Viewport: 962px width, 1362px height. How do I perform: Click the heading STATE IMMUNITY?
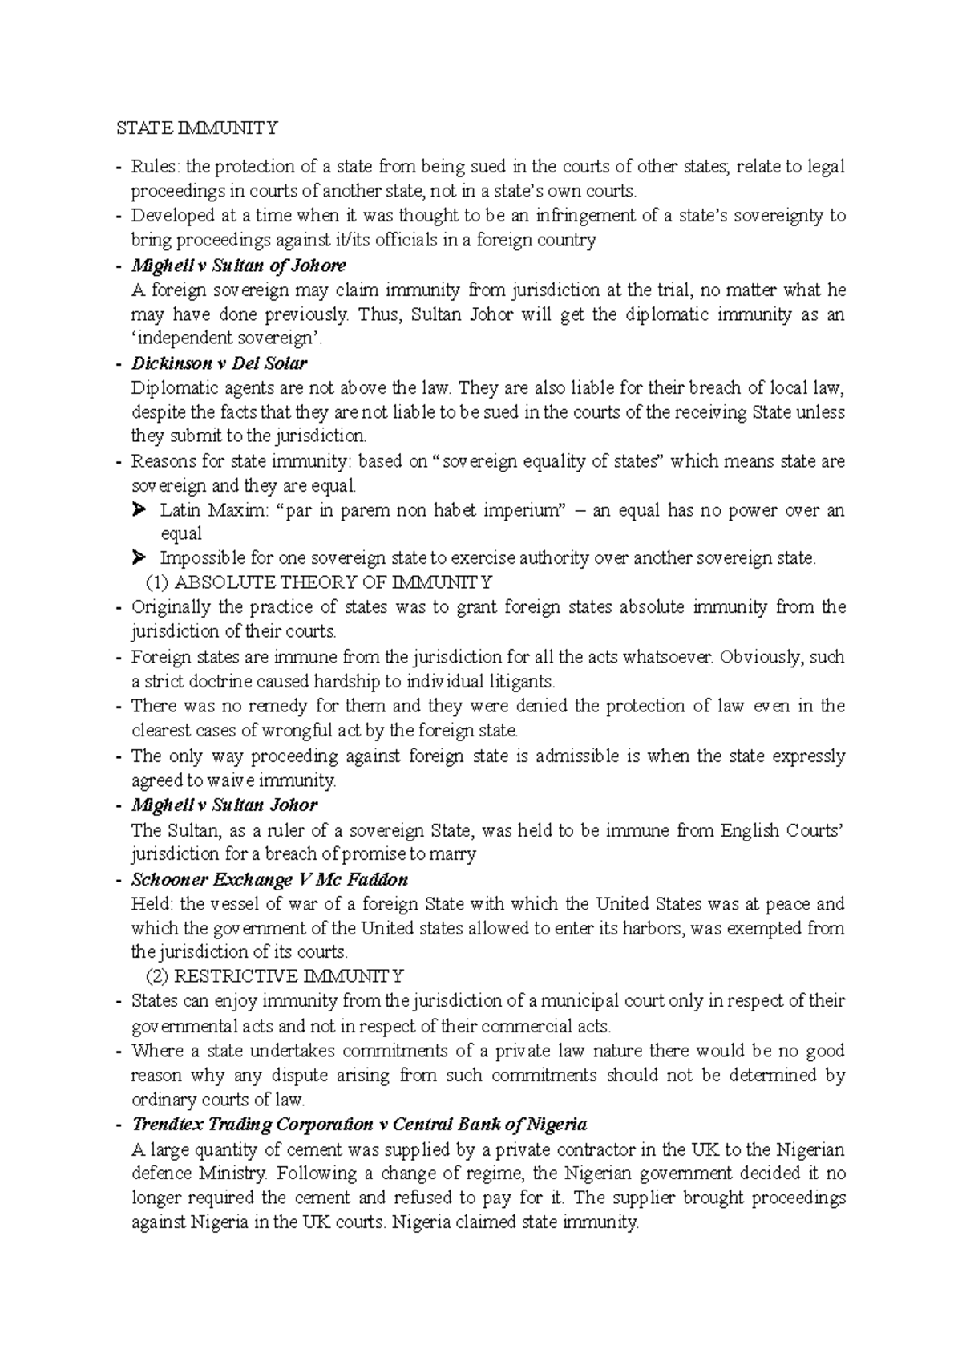click(x=197, y=128)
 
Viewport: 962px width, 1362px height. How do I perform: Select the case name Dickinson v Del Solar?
click(x=219, y=363)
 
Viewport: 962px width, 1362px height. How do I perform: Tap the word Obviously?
click(x=760, y=657)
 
